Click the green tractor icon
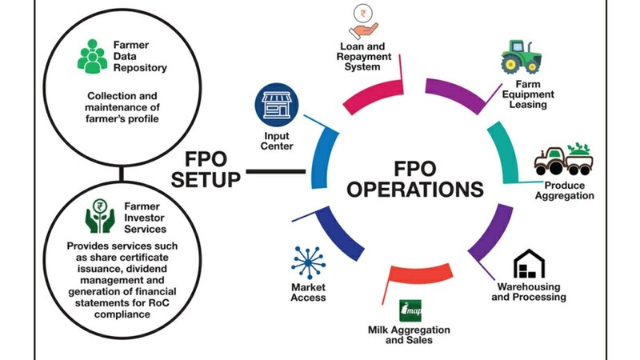pos(525,58)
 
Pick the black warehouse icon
pos(528,264)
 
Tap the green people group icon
pos(93,55)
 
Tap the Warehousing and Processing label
pos(531,292)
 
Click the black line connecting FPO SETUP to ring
pos(275,170)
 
